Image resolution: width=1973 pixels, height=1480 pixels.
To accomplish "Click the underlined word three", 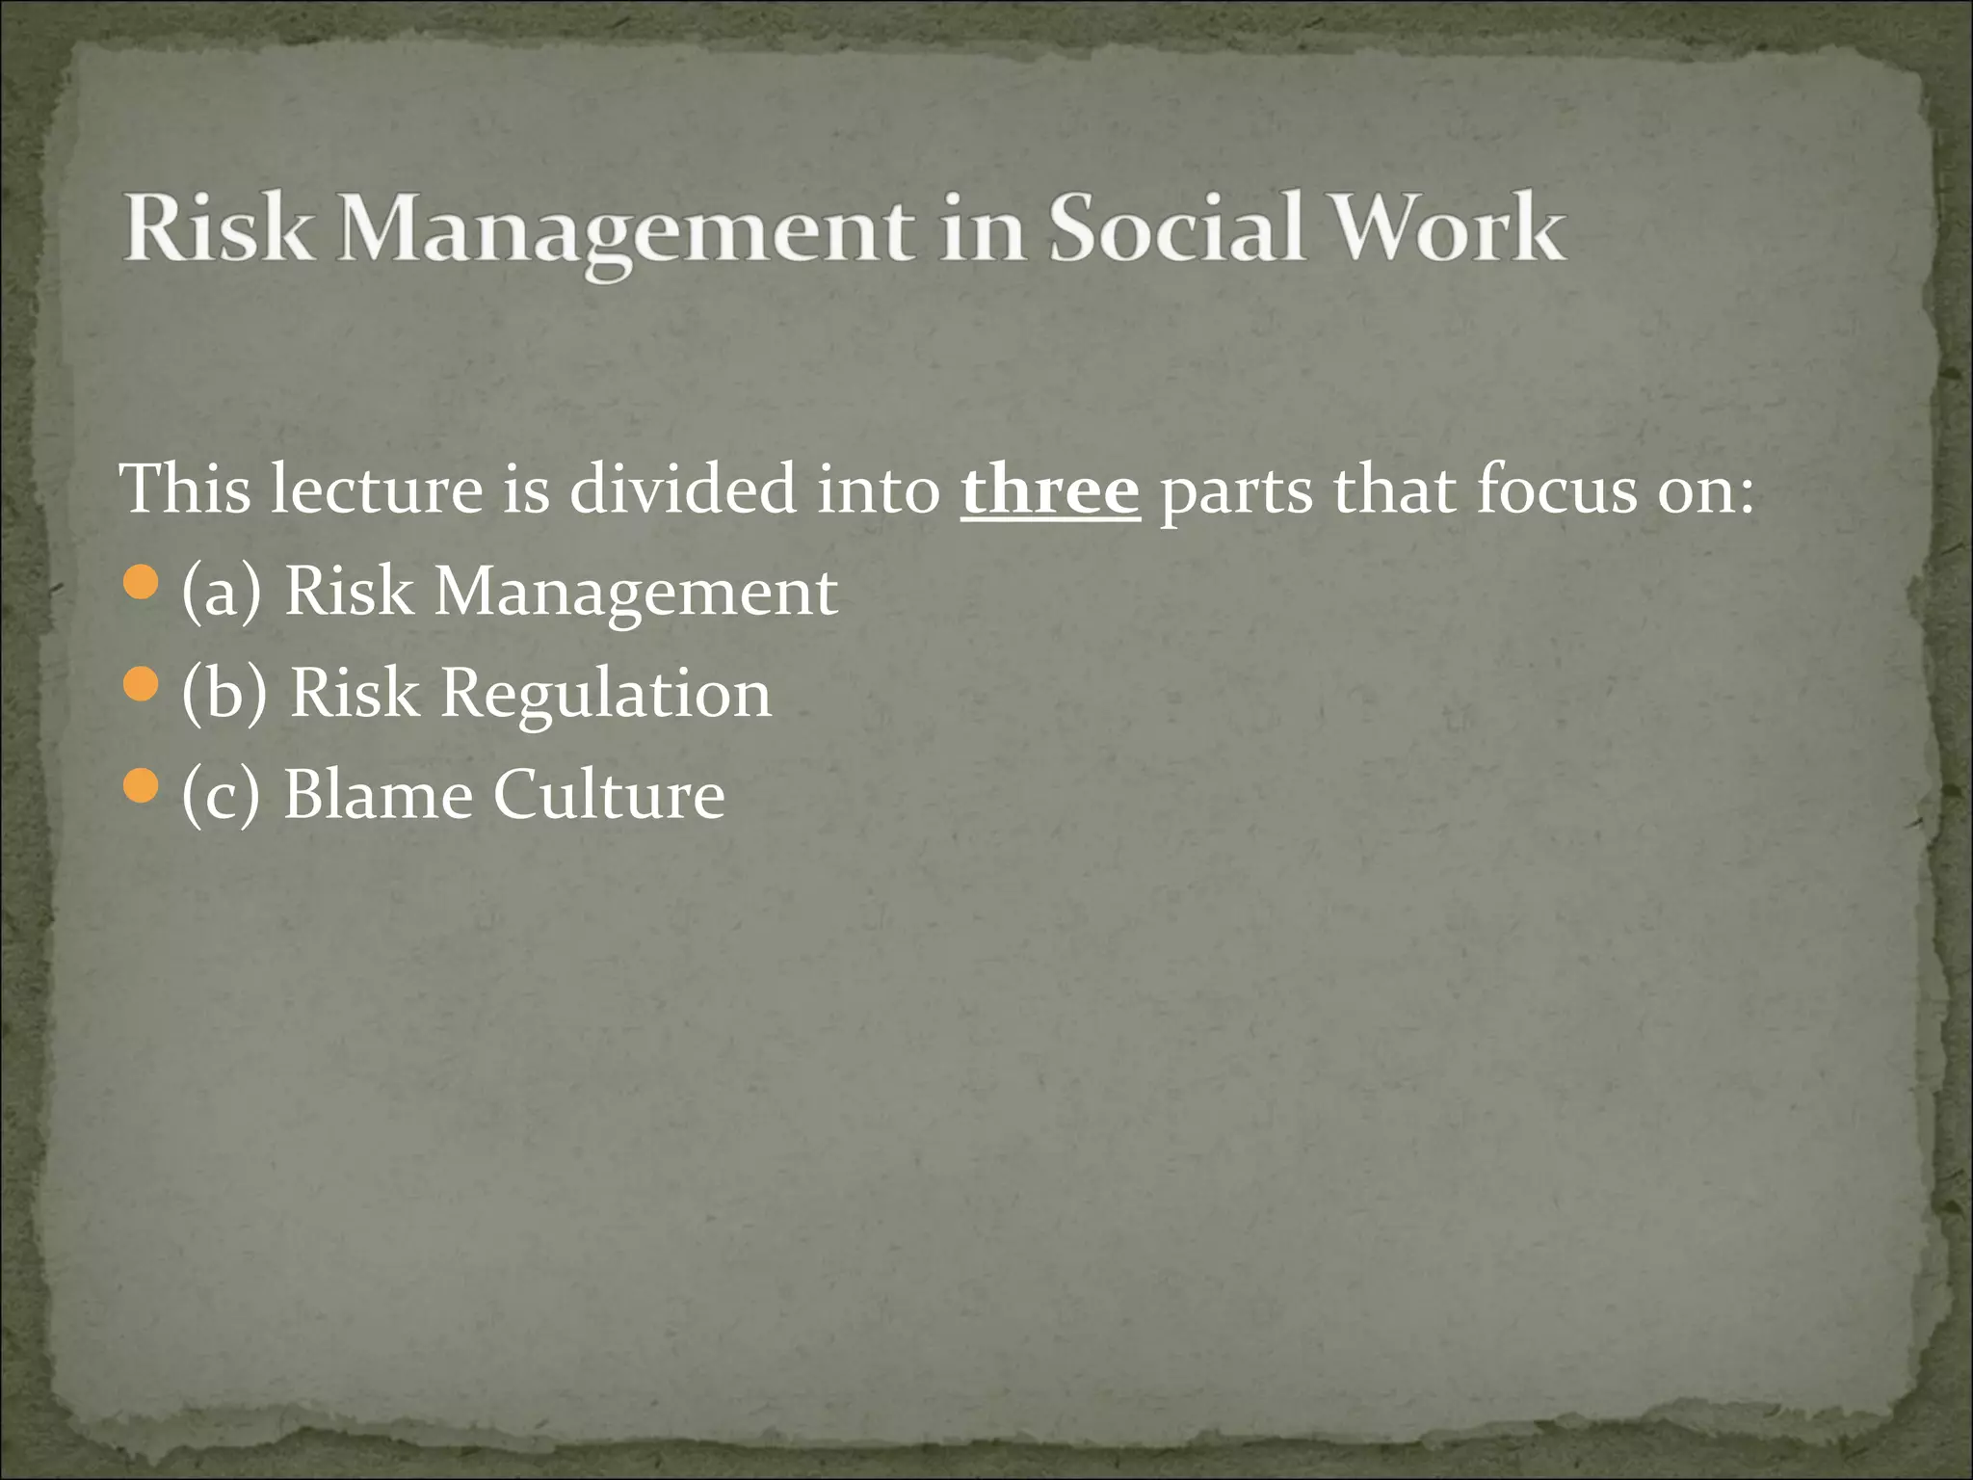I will tap(1050, 489).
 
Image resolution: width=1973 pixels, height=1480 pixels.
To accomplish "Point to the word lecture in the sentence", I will tap(376, 489).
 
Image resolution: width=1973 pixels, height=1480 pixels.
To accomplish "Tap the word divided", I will tap(683, 489).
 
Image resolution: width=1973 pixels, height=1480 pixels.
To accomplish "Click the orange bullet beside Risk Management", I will tap(141, 583).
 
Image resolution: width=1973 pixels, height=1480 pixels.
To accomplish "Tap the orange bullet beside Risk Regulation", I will tap(141, 685).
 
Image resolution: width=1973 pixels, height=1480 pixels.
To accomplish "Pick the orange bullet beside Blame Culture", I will tap(141, 787).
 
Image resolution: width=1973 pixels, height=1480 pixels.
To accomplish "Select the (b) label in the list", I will tap(224, 694).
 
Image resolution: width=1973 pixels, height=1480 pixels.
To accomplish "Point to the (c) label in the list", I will tap(221, 796).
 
